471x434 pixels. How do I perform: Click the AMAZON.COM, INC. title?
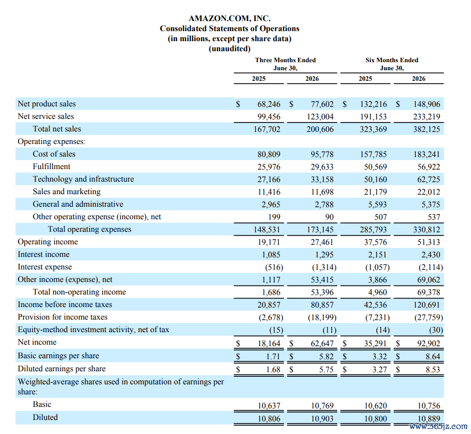pos(229,19)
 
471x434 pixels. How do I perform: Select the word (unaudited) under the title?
pos(229,49)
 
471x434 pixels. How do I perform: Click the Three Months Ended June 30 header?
pos(286,64)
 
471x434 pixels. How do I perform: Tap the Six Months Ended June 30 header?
pos(392,64)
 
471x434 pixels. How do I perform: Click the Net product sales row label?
pos(47,104)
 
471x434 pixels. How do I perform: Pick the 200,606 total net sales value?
pos(320,129)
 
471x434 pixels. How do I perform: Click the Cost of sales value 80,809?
pos(269,155)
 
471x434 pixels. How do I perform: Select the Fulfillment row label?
pos(52,167)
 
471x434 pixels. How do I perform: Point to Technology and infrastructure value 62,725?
pos(428,180)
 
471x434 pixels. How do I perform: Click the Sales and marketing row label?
pos(66,192)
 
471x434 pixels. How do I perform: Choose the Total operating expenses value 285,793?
pos(373,230)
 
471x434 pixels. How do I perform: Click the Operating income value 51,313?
pos(428,242)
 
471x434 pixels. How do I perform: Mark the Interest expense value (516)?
pos(274,267)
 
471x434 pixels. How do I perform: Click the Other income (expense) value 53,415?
pos(322,279)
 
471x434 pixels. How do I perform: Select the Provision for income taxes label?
pos(63,317)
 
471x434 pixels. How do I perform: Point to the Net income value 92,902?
pos(428,344)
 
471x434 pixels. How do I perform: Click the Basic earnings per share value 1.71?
pos(273,356)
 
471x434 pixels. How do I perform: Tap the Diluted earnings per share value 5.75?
pos(326,369)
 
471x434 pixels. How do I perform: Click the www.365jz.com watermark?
pos(438,426)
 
